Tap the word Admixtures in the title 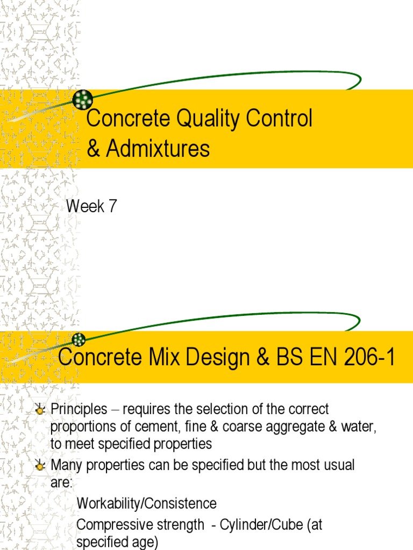[x=158, y=149]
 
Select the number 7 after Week [x=112, y=206]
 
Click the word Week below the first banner [x=85, y=206]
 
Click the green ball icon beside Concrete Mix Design [x=79, y=339]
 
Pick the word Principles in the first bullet [x=79, y=409]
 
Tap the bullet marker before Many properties [x=39, y=466]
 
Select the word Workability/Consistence [x=147, y=504]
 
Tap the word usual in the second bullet [x=336, y=465]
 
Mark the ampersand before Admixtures [x=94, y=149]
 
